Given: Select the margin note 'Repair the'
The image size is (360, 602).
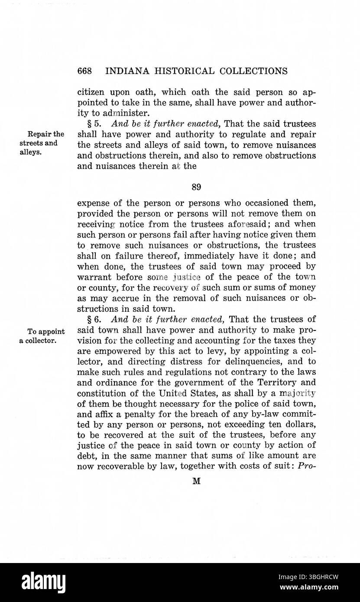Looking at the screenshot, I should pyautogui.click(x=46, y=134).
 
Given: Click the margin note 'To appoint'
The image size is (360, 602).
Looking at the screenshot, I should pyautogui.click(x=46, y=332).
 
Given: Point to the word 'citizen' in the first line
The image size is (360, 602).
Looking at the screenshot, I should pyautogui.click(x=91, y=92).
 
